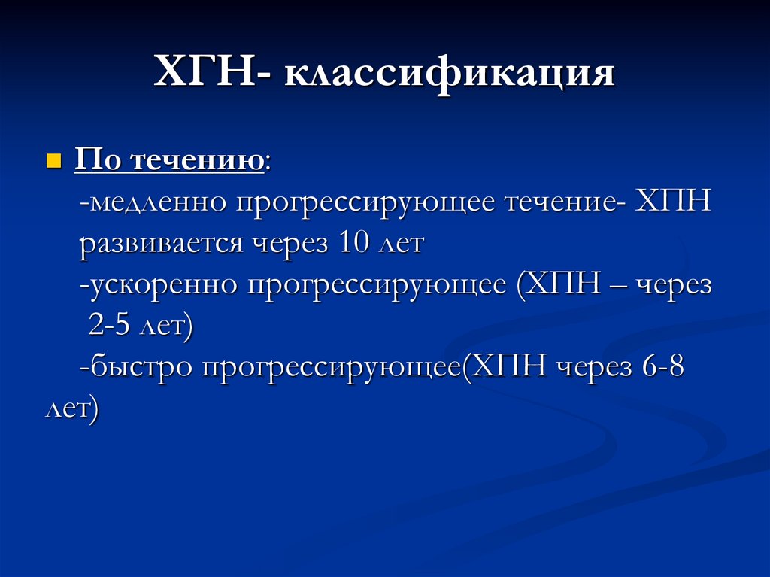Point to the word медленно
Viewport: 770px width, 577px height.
click(156, 203)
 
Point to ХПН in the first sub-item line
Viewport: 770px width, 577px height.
click(673, 203)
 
